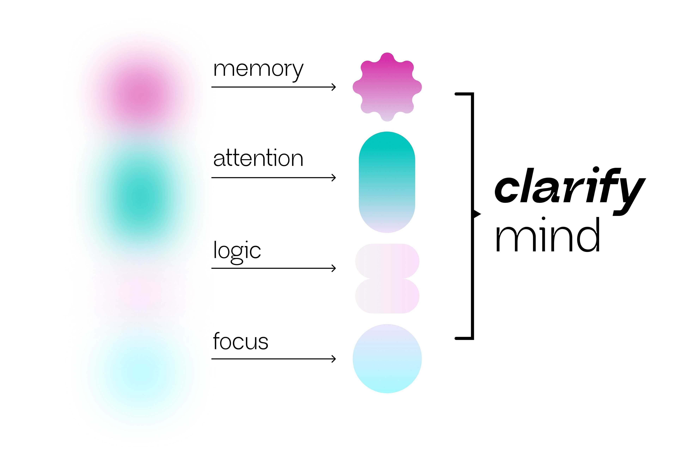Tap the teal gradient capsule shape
click(x=387, y=182)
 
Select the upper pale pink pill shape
click(x=387, y=261)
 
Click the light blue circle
click(x=387, y=359)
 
